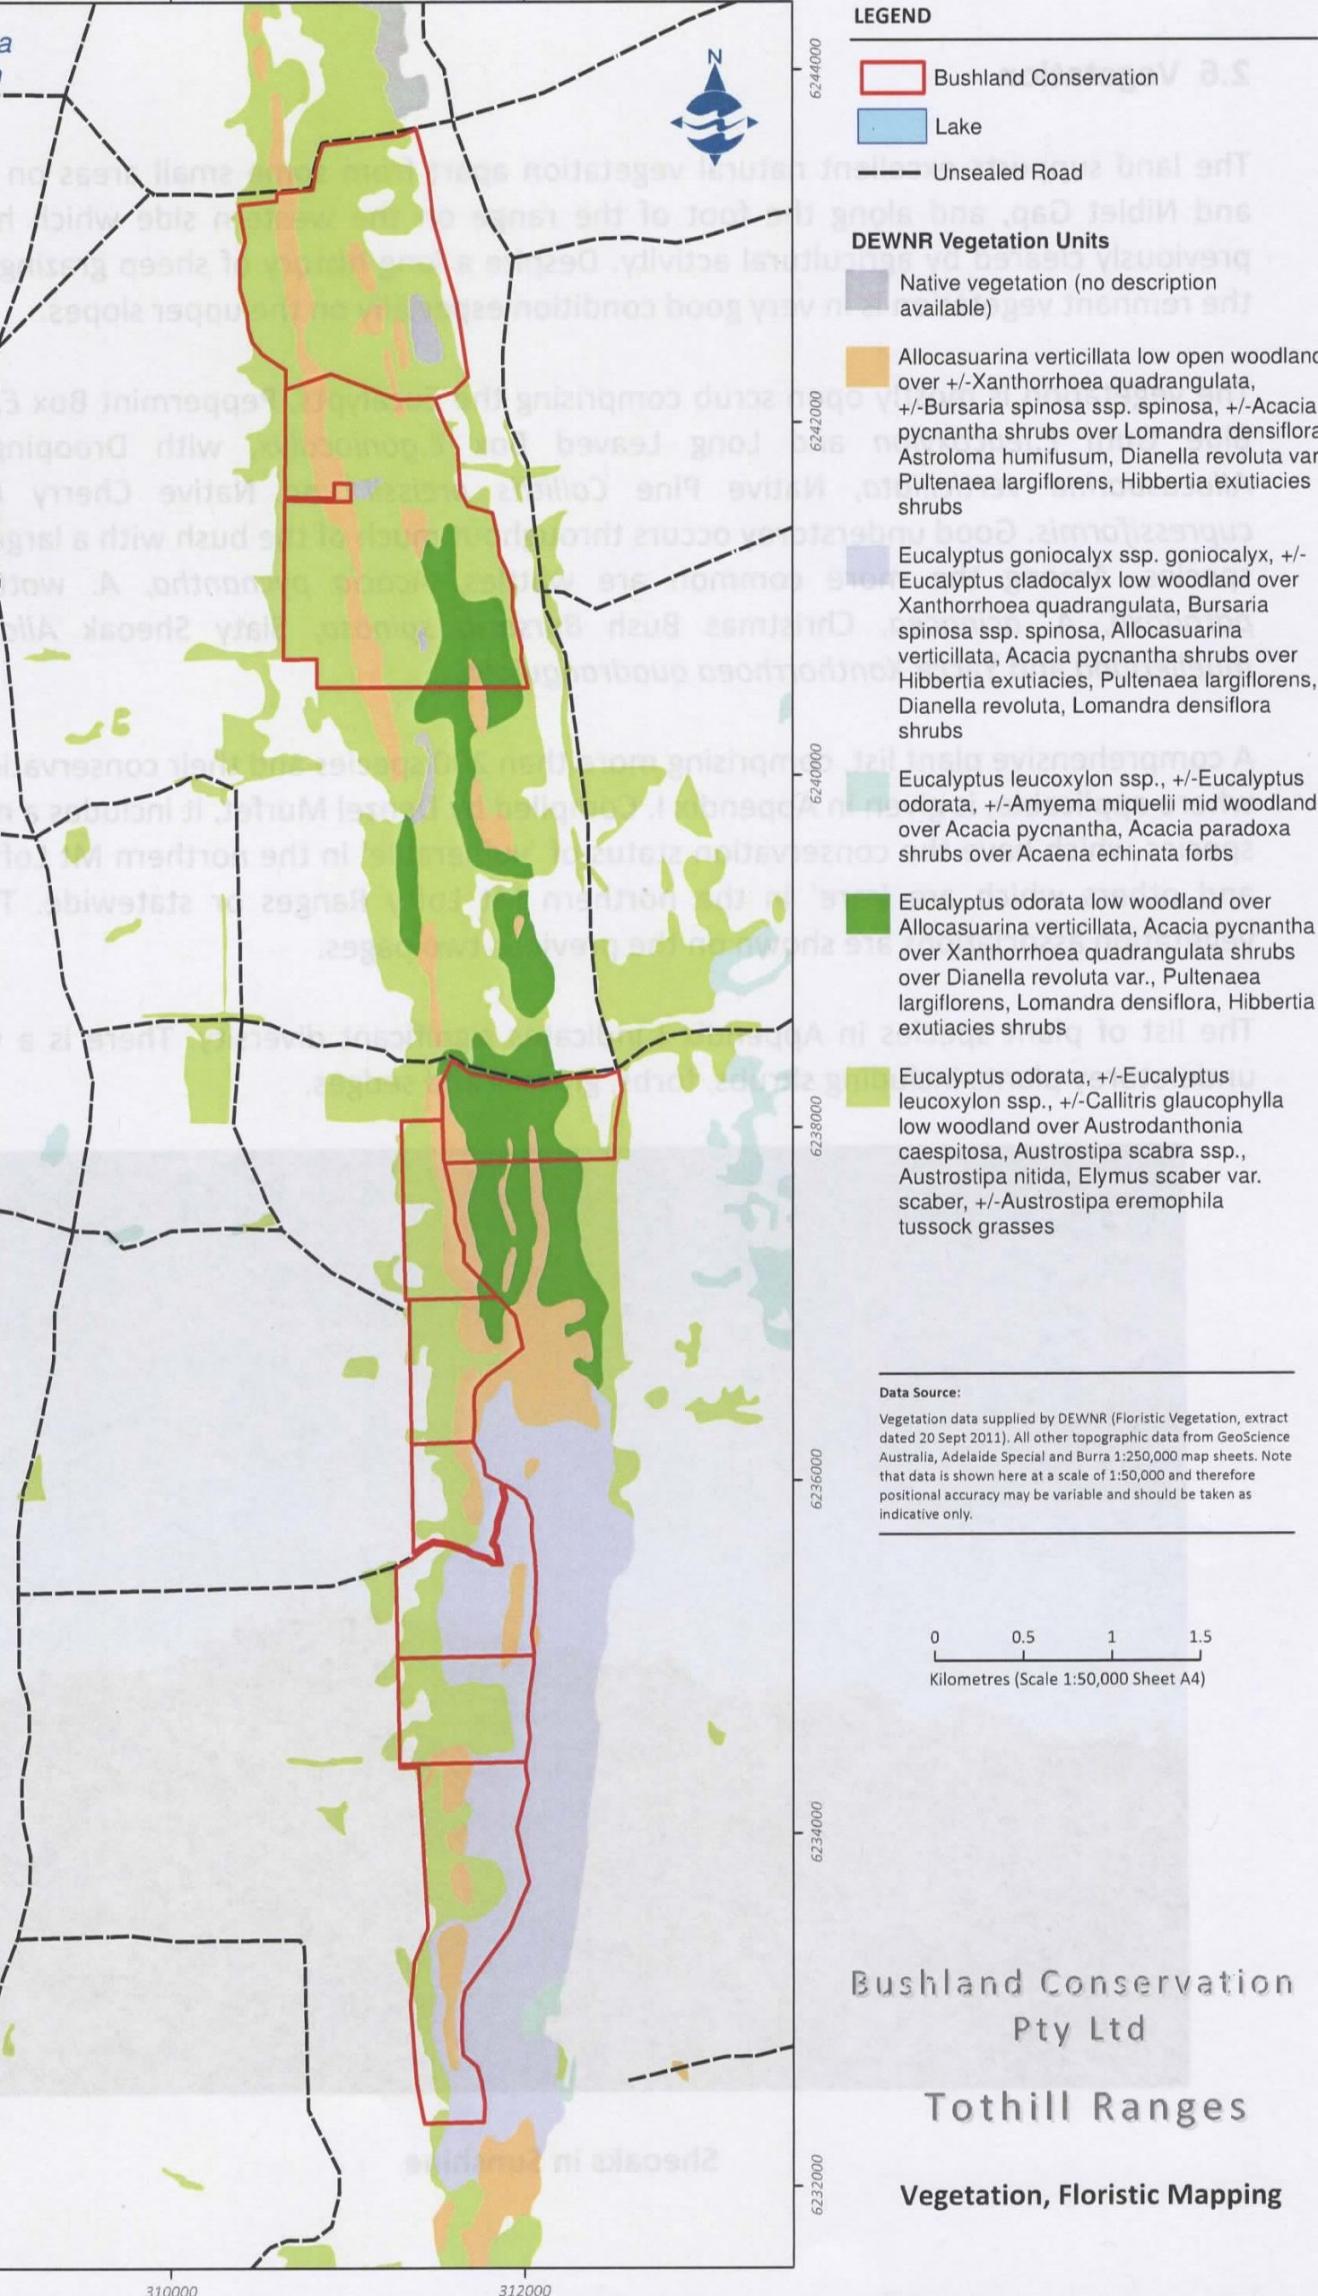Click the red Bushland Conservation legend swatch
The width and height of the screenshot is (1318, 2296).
click(x=891, y=78)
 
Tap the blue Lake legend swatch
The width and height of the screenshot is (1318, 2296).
click(x=891, y=126)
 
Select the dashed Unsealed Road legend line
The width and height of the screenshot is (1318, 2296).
click(x=891, y=172)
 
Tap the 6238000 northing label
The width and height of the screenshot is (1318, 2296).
click(x=818, y=1125)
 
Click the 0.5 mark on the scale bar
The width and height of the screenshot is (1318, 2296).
click(x=1023, y=1637)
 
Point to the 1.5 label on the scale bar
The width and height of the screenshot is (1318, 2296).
click(x=1201, y=1637)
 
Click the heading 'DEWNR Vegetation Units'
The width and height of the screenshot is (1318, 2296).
click(x=979, y=240)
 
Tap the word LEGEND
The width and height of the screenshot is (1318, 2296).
click(x=890, y=16)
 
